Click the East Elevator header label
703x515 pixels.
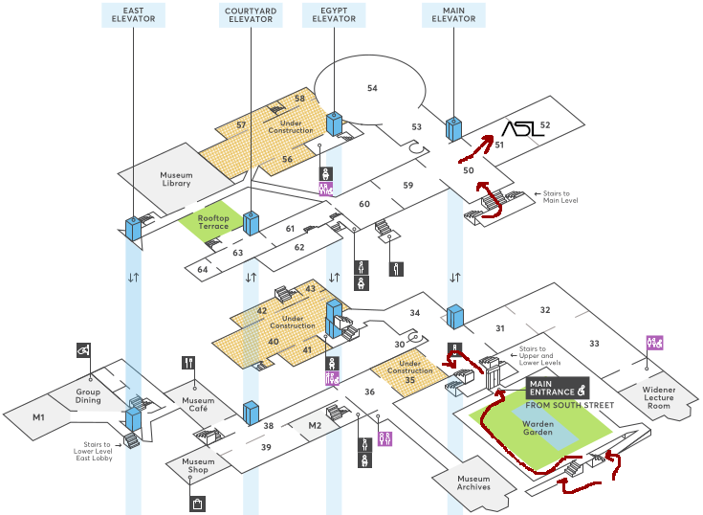(x=133, y=14)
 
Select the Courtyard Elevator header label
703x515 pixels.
(x=251, y=14)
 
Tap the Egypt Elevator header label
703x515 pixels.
(x=334, y=14)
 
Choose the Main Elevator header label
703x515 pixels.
(x=453, y=14)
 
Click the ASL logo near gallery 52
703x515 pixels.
(x=522, y=128)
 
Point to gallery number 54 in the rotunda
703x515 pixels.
(x=372, y=88)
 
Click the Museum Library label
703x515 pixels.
(x=176, y=179)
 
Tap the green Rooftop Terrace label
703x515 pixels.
(x=213, y=222)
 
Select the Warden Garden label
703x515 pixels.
(x=538, y=428)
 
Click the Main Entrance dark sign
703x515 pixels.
(x=558, y=388)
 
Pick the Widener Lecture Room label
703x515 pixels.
(x=659, y=397)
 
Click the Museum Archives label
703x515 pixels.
(x=473, y=482)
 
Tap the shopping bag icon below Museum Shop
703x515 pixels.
(x=197, y=504)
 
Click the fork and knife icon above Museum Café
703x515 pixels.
(x=188, y=363)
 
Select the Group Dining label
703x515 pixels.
(x=88, y=395)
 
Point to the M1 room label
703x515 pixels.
(x=38, y=417)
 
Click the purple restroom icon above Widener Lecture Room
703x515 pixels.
(x=654, y=343)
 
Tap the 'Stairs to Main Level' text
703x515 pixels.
(x=560, y=197)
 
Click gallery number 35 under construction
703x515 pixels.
(x=409, y=380)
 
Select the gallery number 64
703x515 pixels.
(x=203, y=270)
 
